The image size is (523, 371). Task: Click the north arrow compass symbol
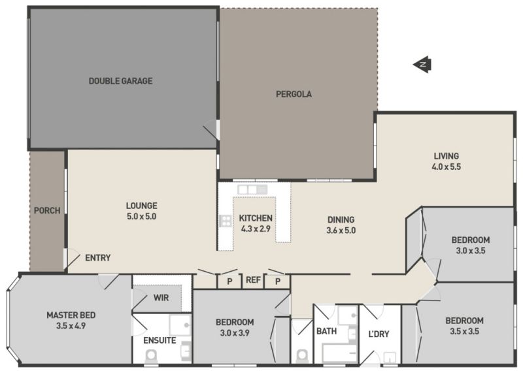pos(422,64)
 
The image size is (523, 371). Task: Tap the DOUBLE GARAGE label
pos(120,81)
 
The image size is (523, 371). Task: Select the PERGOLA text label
pos(294,94)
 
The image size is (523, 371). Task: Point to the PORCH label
pos(47,211)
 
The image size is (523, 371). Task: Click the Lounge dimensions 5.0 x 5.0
pos(141,216)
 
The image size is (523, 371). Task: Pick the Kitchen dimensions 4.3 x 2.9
pos(256,229)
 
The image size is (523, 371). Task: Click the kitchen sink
pos(252,189)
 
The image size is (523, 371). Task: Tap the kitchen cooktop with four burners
pos(226,221)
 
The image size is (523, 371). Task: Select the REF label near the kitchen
pos(253,280)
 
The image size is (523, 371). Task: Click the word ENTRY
pos(97,257)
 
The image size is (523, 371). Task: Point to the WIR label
pos(161,298)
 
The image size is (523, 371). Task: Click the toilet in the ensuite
pos(151,355)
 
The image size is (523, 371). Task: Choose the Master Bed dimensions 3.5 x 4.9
pos(71,326)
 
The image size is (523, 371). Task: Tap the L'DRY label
pos(379,334)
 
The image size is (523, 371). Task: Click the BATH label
pos(326,331)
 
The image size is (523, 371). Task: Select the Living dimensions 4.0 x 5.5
pos(447,167)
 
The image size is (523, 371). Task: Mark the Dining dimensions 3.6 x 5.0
pos(341,231)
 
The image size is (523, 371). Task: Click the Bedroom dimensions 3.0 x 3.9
pos(235,332)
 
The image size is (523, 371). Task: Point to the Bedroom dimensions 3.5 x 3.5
pos(464,331)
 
